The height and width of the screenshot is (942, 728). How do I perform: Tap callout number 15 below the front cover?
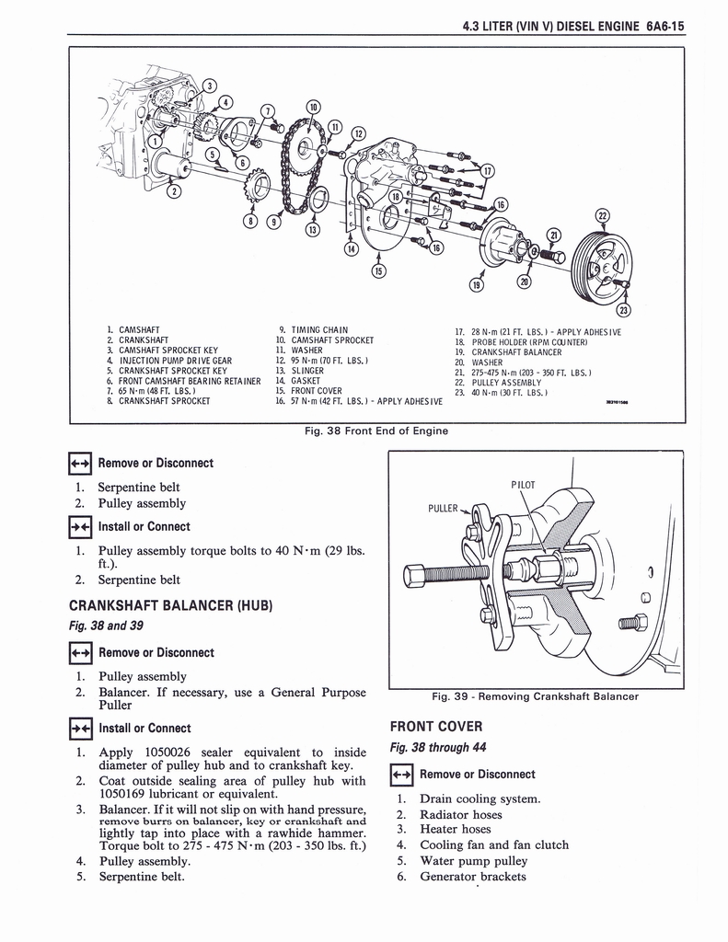(377, 270)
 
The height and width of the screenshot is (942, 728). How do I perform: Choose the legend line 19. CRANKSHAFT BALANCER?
(516, 352)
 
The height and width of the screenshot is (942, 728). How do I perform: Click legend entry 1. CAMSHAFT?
(133, 329)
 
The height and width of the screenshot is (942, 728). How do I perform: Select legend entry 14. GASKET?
(298, 381)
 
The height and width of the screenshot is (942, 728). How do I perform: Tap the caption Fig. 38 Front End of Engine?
(378, 431)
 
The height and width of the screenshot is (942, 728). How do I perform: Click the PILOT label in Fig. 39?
(523, 485)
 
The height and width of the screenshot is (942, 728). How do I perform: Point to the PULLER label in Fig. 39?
(445, 507)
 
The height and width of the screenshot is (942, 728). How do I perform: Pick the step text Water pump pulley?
(473, 861)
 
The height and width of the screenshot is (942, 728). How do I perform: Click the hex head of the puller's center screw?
(415, 577)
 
